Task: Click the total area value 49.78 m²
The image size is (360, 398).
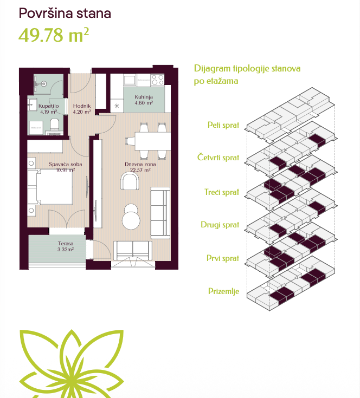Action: pos(54,35)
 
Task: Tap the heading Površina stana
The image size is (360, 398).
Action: pos(65,13)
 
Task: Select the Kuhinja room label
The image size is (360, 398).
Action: pos(144,100)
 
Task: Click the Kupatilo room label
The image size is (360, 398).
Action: pos(49,109)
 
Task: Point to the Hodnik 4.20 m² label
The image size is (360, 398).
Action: pos(82,109)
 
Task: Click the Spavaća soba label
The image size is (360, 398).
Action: pos(66,167)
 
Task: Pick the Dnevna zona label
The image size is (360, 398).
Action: pos(140,167)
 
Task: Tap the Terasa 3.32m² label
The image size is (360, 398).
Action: pos(66,246)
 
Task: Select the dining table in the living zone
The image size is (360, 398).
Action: pos(153,141)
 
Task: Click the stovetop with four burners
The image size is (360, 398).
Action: pos(158,80)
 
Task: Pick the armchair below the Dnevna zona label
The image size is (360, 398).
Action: pos(130,181)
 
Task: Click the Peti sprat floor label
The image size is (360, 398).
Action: pos(223,125)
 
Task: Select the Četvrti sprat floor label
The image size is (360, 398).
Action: pos(218,158)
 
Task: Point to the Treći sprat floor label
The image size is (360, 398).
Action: pos(222,192)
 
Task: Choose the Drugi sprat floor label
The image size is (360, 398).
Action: pos(220,225)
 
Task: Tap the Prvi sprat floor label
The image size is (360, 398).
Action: pos(223,258)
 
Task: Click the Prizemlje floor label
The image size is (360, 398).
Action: pos(223,291)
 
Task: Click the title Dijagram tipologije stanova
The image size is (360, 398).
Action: pos(247,69)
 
